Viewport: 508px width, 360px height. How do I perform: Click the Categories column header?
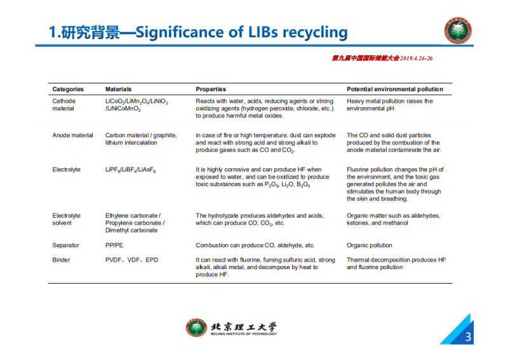click(x=68, y=90)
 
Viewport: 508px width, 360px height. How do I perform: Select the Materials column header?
click(x=119, y=90)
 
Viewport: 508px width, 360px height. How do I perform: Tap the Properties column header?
click(x=211, y=90)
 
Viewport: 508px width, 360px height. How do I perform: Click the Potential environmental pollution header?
click(x=395, y=90)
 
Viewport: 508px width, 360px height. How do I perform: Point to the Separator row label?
click(x=65, y=245)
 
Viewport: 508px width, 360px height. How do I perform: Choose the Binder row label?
click(x=61, y=260)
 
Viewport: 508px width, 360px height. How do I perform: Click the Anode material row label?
click(x=72, y=135)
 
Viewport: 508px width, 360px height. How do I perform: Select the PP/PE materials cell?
click(x=114, y=245)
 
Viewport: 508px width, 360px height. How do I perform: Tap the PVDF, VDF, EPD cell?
click(x=132, y=260)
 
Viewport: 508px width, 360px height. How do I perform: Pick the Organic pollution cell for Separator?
click(x=370, y=245)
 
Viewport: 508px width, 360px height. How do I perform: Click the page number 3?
click(x=468, y=337)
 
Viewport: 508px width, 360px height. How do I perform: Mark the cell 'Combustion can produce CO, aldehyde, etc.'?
click(x=255, y=245)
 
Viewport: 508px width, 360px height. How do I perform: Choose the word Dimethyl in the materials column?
click(x=117, y=230)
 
